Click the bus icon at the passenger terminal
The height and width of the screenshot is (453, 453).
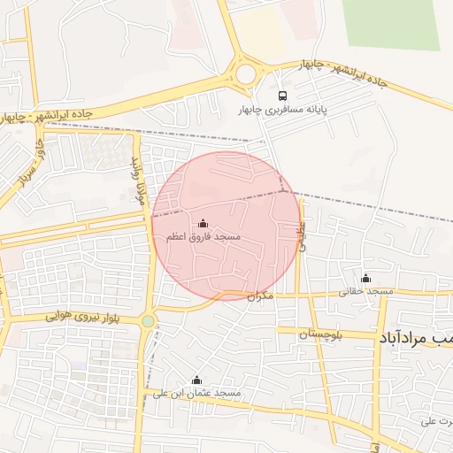282,96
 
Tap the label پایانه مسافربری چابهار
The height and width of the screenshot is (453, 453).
282,111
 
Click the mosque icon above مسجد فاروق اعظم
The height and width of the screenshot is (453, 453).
203,224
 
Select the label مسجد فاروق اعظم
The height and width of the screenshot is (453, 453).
203,238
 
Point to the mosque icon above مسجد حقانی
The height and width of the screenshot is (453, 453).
365,278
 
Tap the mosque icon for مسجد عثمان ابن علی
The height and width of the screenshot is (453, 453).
196,380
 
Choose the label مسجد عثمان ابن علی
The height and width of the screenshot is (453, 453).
196,393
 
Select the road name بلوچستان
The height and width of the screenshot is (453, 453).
307,333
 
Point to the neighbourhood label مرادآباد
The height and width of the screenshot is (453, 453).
416,338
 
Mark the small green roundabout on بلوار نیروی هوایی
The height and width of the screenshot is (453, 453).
147,322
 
